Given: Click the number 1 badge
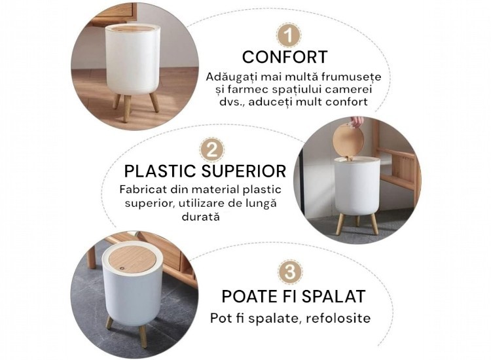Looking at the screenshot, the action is (289, 35).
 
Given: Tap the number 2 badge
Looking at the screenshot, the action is (212, 150).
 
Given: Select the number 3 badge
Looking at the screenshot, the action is (290, 272).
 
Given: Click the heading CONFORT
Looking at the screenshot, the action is (285, 57).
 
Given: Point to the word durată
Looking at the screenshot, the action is (201, 217).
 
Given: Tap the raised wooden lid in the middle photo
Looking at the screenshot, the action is (348, 140).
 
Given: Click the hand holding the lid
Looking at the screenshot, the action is (357, 121).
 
